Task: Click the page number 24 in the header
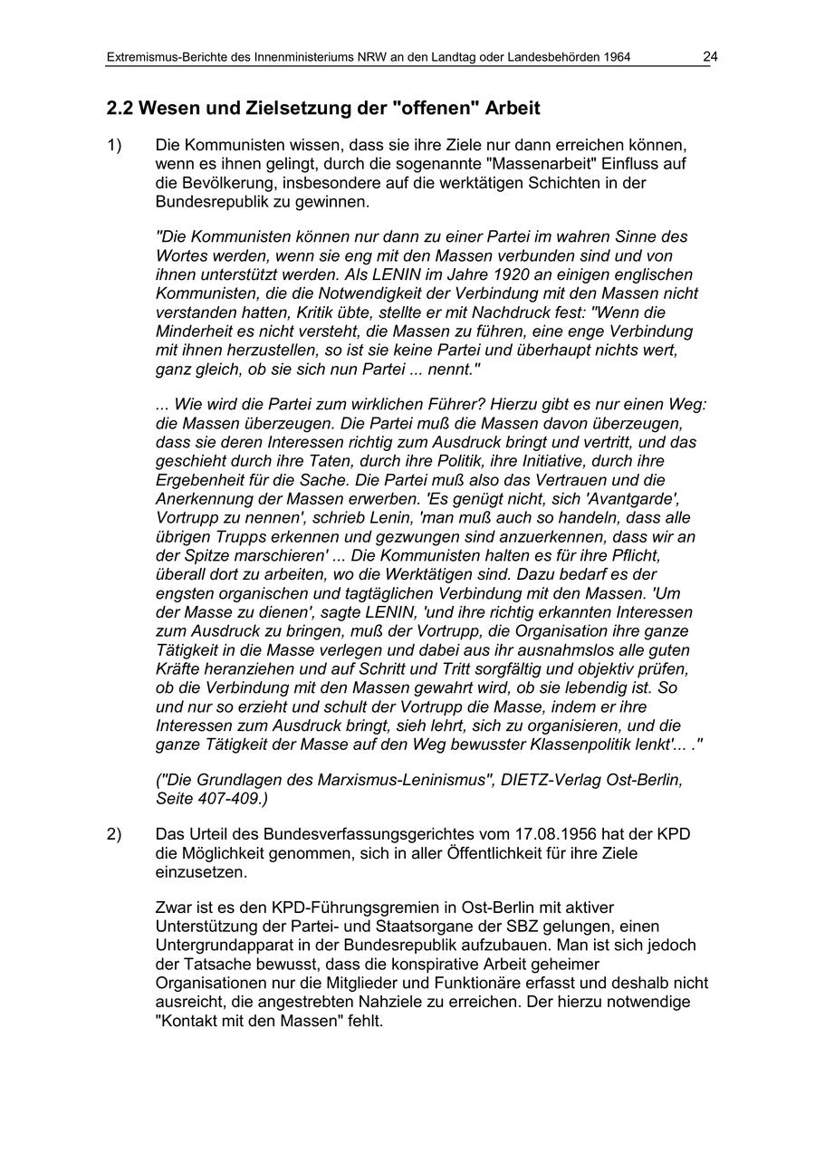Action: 710,57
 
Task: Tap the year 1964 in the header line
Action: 615,58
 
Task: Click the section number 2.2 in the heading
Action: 120,109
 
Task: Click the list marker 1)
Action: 114,145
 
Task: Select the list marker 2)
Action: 114,833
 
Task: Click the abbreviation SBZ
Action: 535,926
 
